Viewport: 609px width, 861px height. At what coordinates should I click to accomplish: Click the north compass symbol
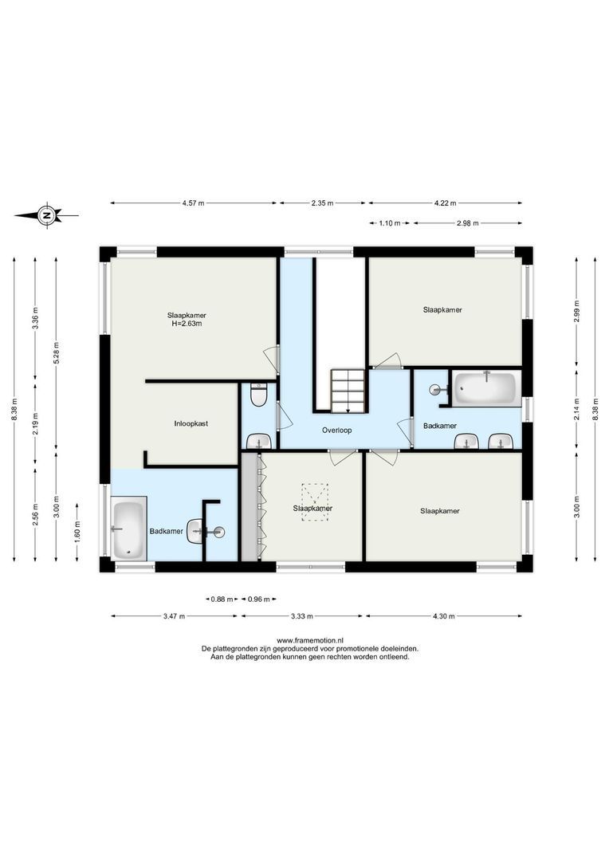pos(48,215)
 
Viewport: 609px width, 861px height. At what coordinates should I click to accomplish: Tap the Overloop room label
pos(337,430)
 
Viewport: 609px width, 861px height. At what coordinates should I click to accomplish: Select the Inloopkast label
pos(191,424)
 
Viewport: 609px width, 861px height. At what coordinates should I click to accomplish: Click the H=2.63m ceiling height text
pos(192,324)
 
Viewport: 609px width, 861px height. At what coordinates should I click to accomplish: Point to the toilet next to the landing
pos(257,395)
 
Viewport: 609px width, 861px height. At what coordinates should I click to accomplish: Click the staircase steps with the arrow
pos(348,391)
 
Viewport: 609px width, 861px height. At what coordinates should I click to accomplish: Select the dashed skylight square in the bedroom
pos(312,502)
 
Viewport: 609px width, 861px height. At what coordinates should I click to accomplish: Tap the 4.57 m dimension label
pos(194,203)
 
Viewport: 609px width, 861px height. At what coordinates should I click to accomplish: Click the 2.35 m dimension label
pos(322,203)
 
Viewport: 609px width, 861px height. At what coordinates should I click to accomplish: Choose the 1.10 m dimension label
pos(390,223)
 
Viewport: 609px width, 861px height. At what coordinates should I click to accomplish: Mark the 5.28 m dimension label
pos(57,351)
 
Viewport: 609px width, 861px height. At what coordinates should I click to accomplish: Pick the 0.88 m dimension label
pos(221,599)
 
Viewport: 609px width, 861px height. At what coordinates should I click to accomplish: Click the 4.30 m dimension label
pos(443,615)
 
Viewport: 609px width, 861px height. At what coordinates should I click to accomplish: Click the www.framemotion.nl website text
pos(309,640)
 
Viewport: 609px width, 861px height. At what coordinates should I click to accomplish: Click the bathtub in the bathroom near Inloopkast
pos(128,529)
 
